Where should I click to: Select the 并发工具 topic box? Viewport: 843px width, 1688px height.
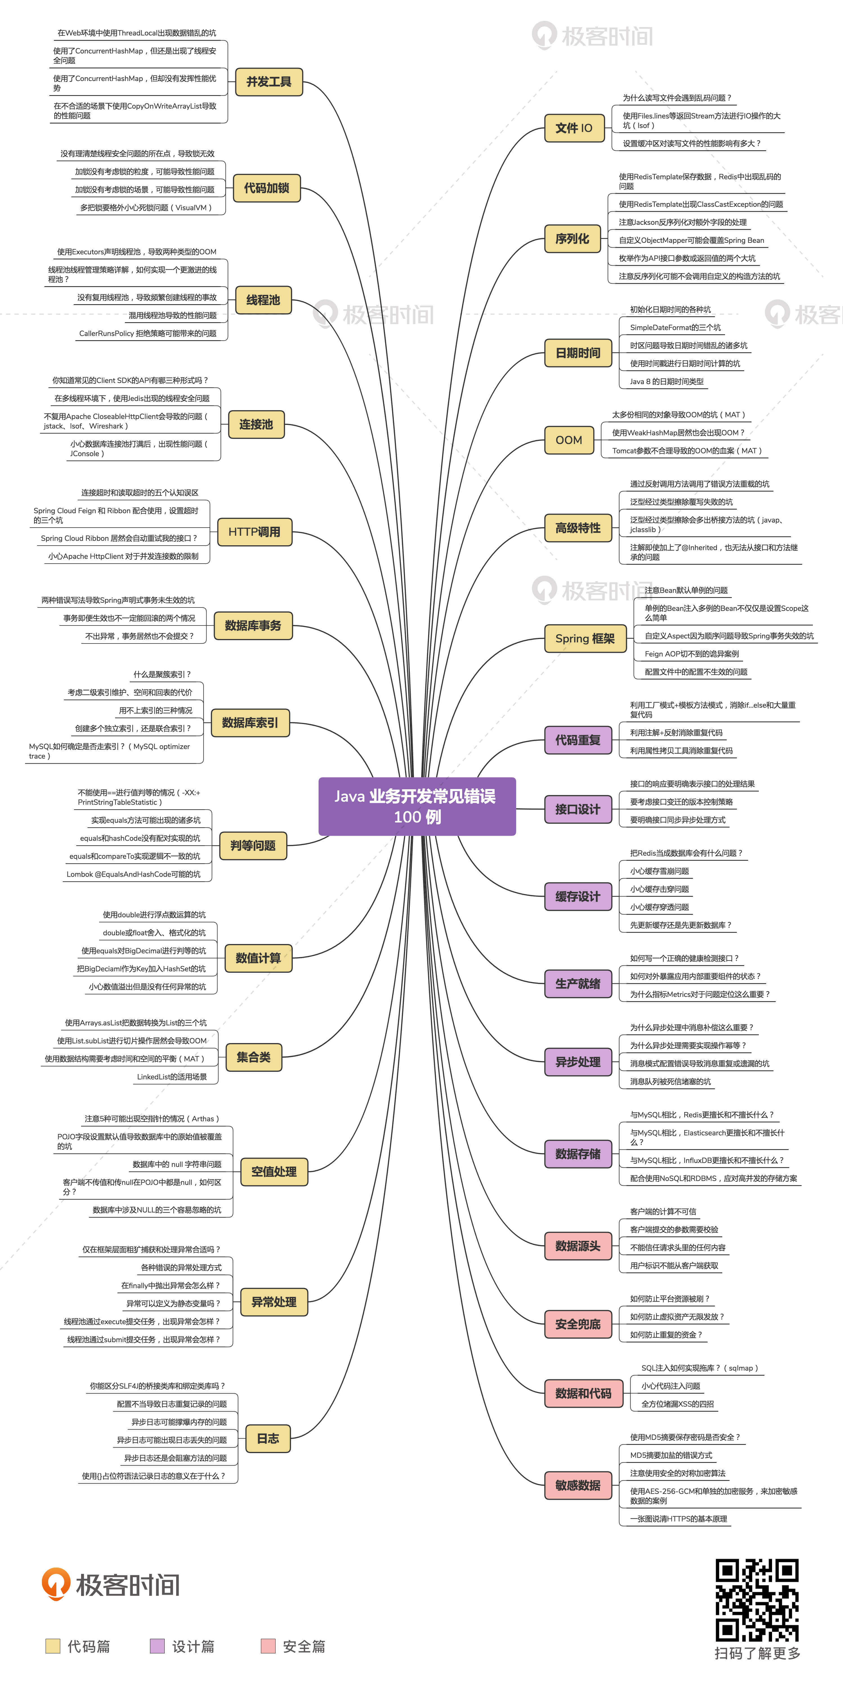269,82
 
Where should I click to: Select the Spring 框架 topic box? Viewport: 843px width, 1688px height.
585,638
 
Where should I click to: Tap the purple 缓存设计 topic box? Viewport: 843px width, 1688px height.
578,896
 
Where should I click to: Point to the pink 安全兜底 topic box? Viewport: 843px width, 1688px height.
578,1324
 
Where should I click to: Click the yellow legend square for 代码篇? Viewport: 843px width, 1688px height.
52,1646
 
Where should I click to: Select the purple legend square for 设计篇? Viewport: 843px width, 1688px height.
157,1646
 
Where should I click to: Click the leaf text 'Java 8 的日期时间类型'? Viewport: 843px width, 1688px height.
667,381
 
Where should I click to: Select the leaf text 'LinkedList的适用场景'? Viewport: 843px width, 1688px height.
172,1077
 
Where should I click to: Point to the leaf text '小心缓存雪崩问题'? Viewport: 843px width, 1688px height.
659,871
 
